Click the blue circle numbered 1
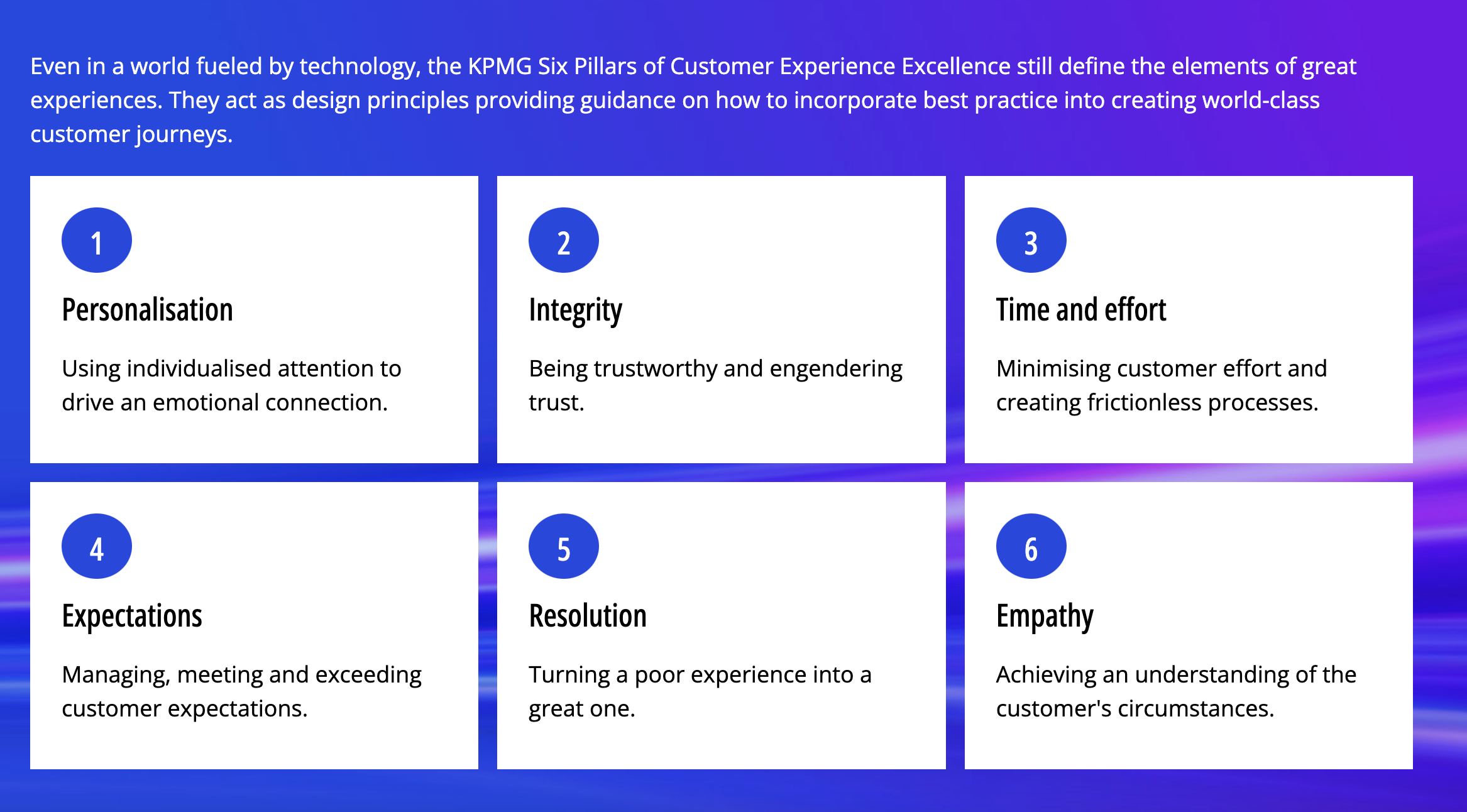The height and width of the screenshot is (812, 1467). (x=97, y=240)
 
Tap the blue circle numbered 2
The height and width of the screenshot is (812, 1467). (x=564, y=240)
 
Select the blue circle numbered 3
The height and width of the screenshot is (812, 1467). (x=1031, y=240)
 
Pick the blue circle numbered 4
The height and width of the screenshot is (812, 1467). (x=97, y=546)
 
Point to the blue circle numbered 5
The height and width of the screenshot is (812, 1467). (x=564, y=546)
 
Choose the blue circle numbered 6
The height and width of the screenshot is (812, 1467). (x=1031, y=546)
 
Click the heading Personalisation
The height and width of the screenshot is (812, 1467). (x=148, y=310)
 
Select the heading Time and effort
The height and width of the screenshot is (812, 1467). (x=1081, y=310)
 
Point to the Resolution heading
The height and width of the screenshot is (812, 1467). (x=588, y=616)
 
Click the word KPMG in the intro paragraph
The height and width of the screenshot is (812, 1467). (x=500, y=66)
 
